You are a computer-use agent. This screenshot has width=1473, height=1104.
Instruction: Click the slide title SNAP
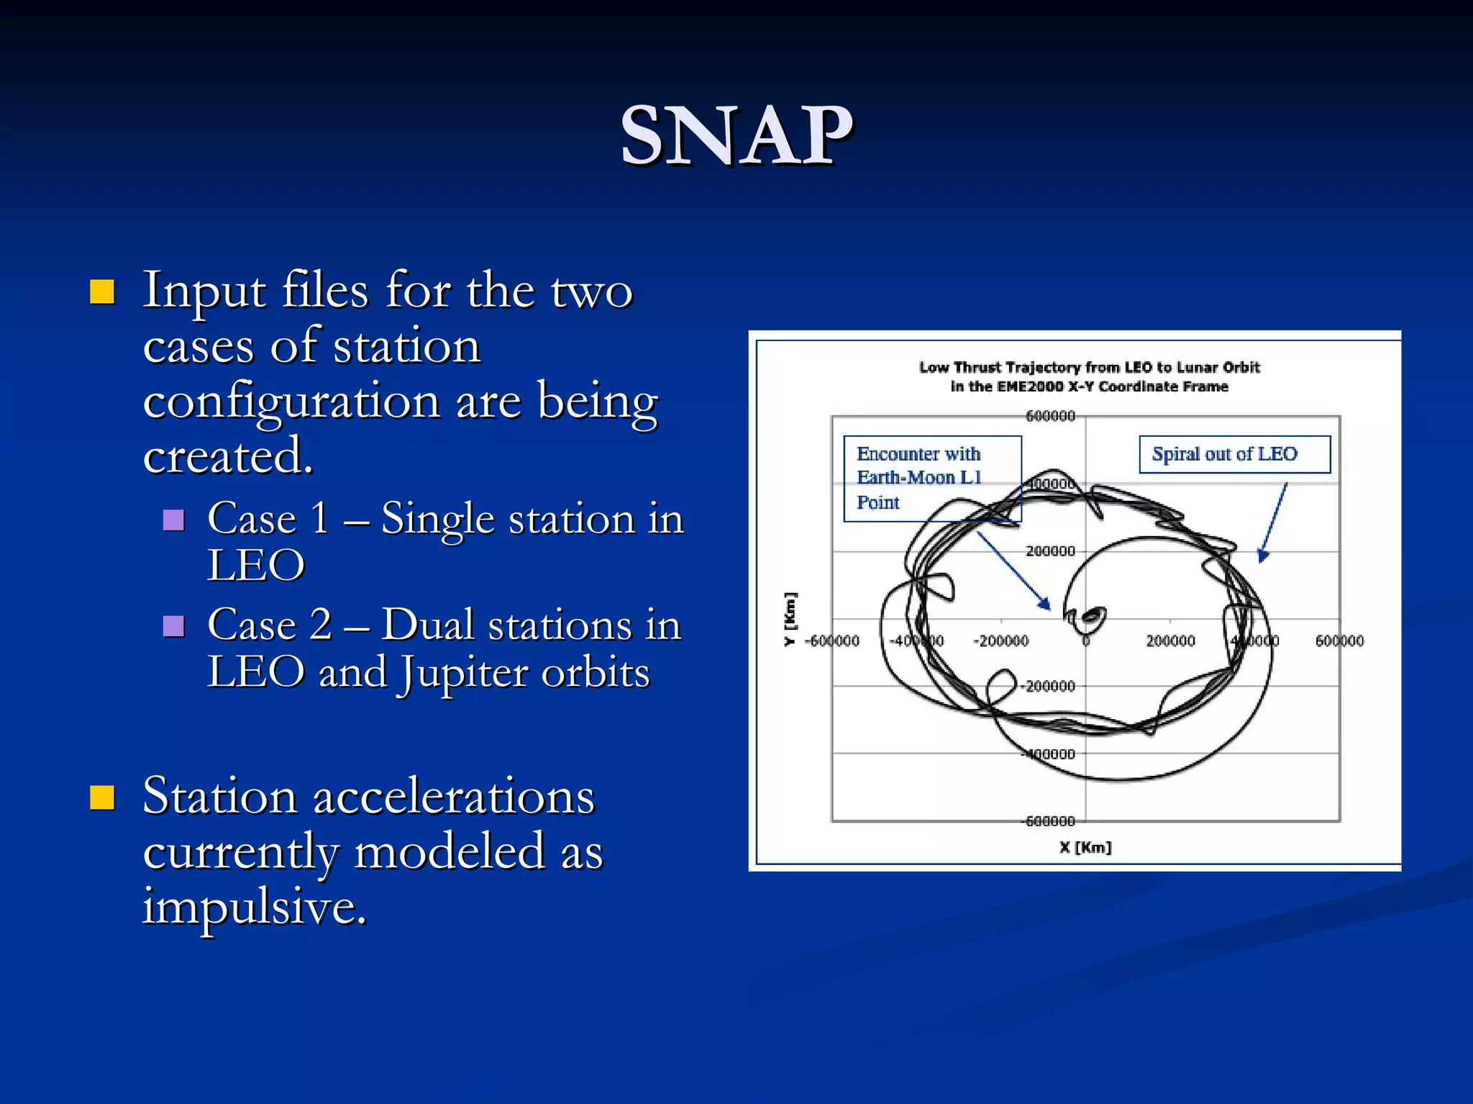point(736,135)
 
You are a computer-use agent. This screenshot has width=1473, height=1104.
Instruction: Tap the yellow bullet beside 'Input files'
point(102,292)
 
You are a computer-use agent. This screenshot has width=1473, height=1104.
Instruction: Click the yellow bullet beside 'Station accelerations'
point(102,797)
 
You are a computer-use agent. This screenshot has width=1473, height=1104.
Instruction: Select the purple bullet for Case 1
point(173,520)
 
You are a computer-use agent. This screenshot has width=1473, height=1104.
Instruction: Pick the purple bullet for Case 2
point(173,626)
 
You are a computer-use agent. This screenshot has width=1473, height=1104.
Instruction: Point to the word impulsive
point(255,907)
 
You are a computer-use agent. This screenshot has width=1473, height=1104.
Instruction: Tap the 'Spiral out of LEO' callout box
point(1234,454)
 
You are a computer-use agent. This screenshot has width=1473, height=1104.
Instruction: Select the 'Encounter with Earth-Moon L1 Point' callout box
point(931,478)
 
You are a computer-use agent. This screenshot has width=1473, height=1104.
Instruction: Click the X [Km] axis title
point(1085,847)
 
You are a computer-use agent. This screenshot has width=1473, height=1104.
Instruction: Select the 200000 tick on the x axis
point(1170,641)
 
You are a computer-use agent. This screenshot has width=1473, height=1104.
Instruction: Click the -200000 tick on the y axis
point(1049,686)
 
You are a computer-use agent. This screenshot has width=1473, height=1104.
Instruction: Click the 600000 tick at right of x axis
point(1339,641)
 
